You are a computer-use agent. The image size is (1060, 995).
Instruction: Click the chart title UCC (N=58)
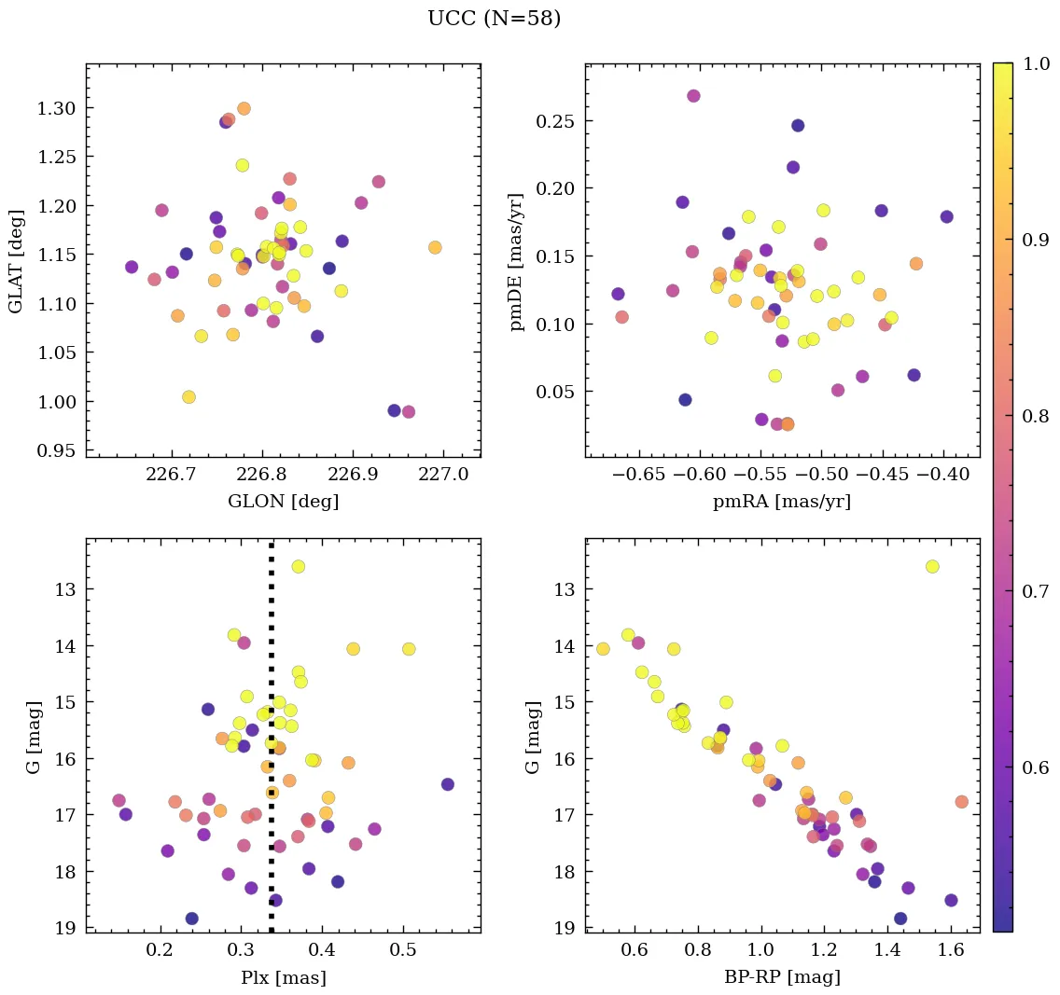tap(494, 19)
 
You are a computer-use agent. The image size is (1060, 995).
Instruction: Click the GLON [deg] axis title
tap(283, 502)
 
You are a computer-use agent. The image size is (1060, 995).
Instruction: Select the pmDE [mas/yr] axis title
tap(515, 261)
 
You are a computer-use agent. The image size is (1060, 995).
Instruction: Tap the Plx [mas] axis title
tap(283, 977)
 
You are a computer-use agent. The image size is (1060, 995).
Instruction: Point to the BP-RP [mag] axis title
tap(782, 977)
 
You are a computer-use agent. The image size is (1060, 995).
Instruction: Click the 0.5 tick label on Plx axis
tap(403, 951)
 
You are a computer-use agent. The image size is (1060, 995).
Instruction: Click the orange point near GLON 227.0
tap(435, 247)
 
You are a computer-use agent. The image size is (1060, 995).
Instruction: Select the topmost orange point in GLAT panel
tap(244, 108)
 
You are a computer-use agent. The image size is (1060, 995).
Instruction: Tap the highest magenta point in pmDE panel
tap(693, 96)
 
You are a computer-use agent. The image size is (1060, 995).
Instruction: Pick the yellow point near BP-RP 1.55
tap(932, 566)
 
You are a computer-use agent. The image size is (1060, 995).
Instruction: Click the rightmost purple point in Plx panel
tap(448, 784)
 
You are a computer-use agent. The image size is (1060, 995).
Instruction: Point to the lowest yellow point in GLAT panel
tap(188, 397)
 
